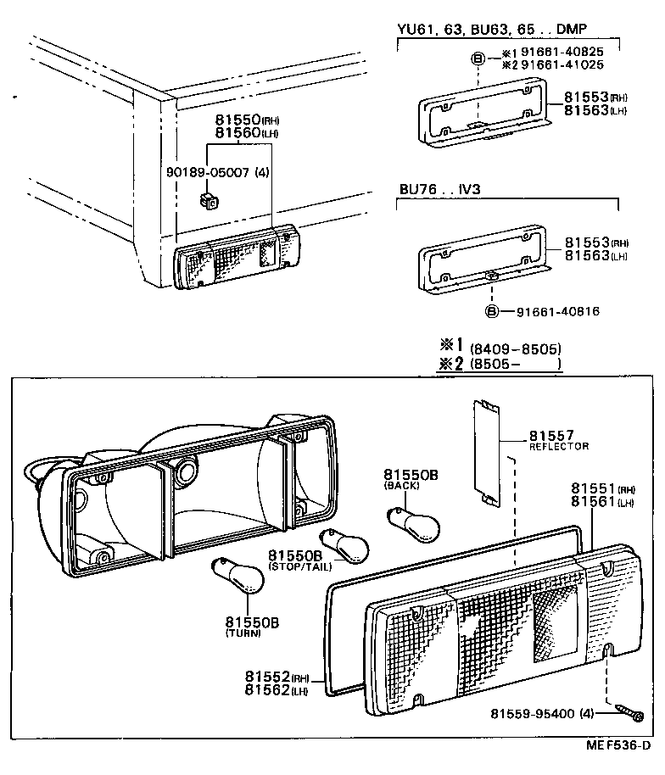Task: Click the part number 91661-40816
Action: (x=557, y=311)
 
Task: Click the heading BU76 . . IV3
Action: (x=439, y=189)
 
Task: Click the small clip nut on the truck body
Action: (x=207, y=201)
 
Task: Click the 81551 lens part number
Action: (x=593, y=488)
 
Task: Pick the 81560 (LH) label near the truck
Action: (x=246, y=133)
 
